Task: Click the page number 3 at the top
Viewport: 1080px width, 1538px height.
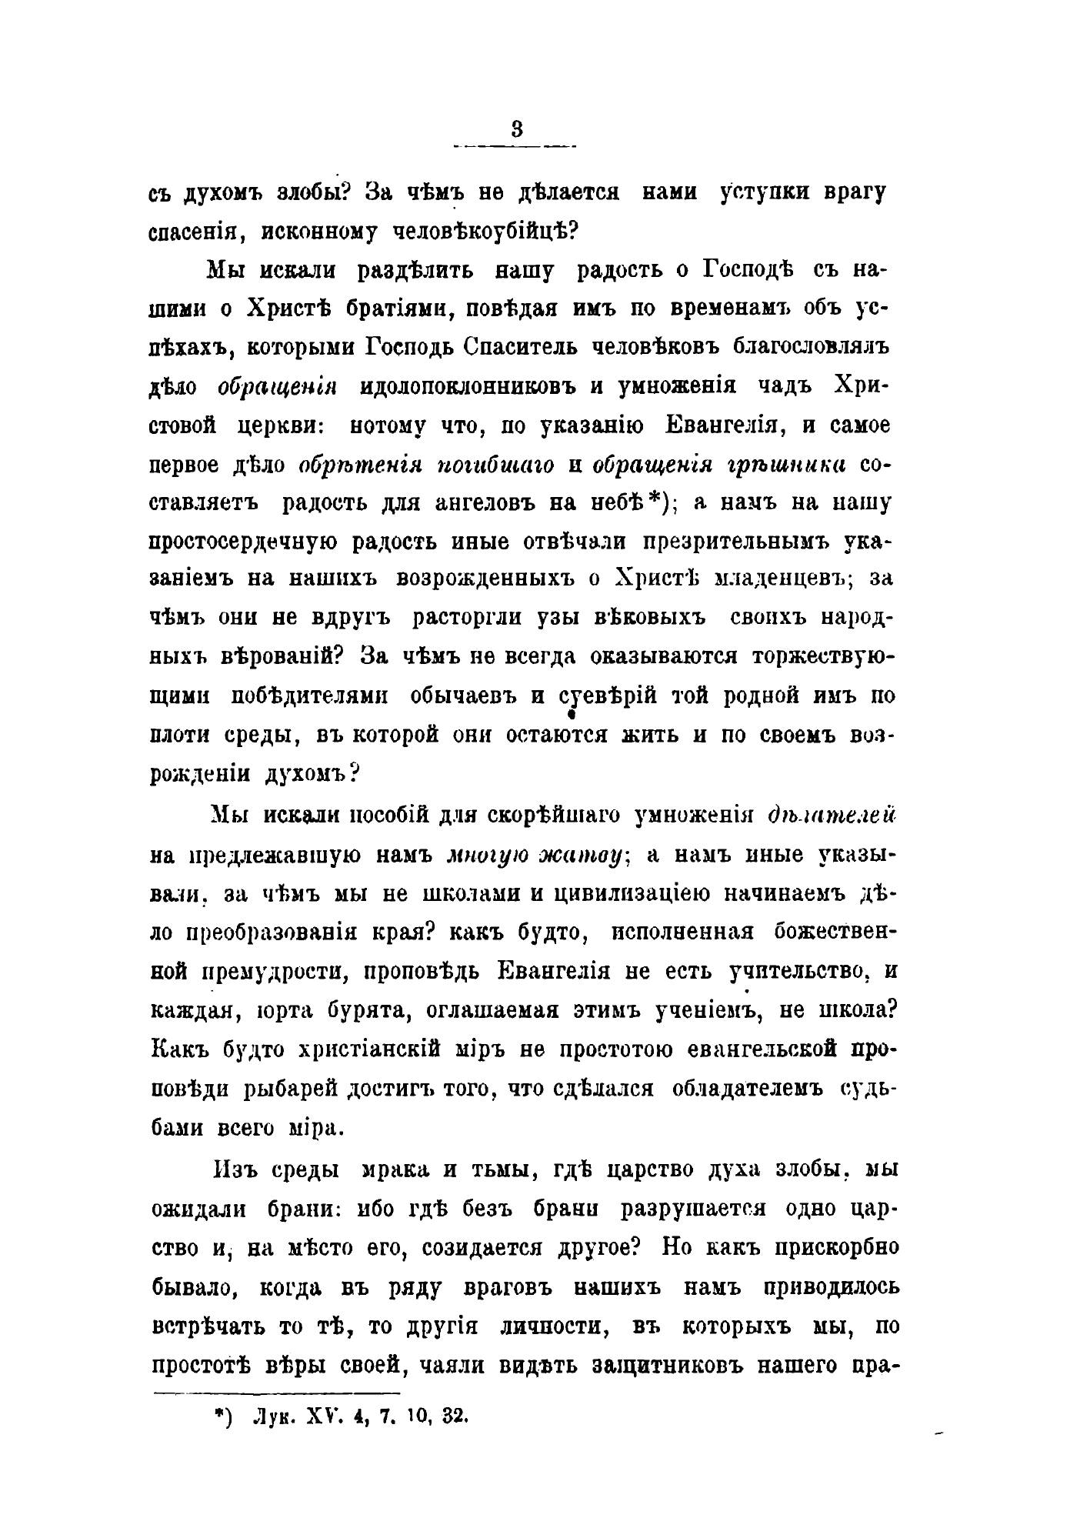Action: pos(516,130)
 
